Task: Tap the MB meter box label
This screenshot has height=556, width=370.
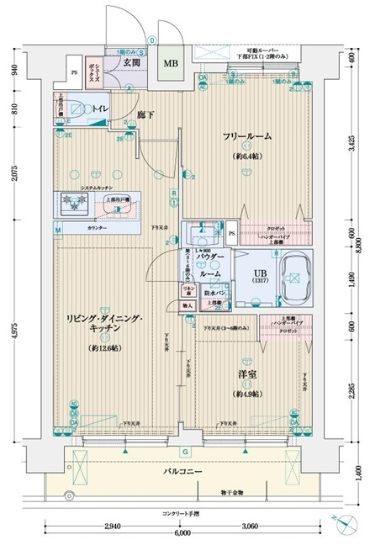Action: (x=171, y=64)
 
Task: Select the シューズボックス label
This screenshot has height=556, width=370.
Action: (x=98, y=71)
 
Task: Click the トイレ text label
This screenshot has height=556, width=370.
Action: (x=99, y=109)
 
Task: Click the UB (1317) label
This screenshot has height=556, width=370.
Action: (x=262, y=276)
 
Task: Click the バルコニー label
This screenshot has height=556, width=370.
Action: (x=183, y=473)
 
